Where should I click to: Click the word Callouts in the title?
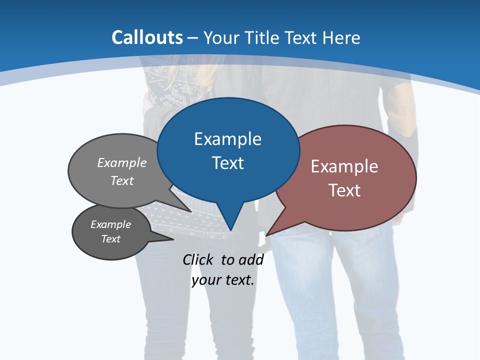pos(147,37)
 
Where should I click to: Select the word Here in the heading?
pos(341,37)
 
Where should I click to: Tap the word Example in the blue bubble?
pos(227,139)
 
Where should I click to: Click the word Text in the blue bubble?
pos(228,163)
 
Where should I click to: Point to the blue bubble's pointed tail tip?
pos(230,230)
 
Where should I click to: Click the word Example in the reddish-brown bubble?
pos(344,166)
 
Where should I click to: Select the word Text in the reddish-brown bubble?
pos(344,190)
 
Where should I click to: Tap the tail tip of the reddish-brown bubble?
pos(266,235)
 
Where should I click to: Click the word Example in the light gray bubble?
pos(122,162)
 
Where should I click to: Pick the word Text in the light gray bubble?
pos(122,180)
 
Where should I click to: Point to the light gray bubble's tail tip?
pos(191,211)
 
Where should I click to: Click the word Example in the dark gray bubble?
pos(110,224)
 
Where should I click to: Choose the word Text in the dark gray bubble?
pos(110,239)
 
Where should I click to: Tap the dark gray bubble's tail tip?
pos(173,239)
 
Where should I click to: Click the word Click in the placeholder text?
pos(198,259)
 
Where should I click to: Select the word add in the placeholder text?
pos(250,259)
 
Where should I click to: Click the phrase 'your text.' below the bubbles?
pos(223,280)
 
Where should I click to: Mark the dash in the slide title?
pos(193,38)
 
